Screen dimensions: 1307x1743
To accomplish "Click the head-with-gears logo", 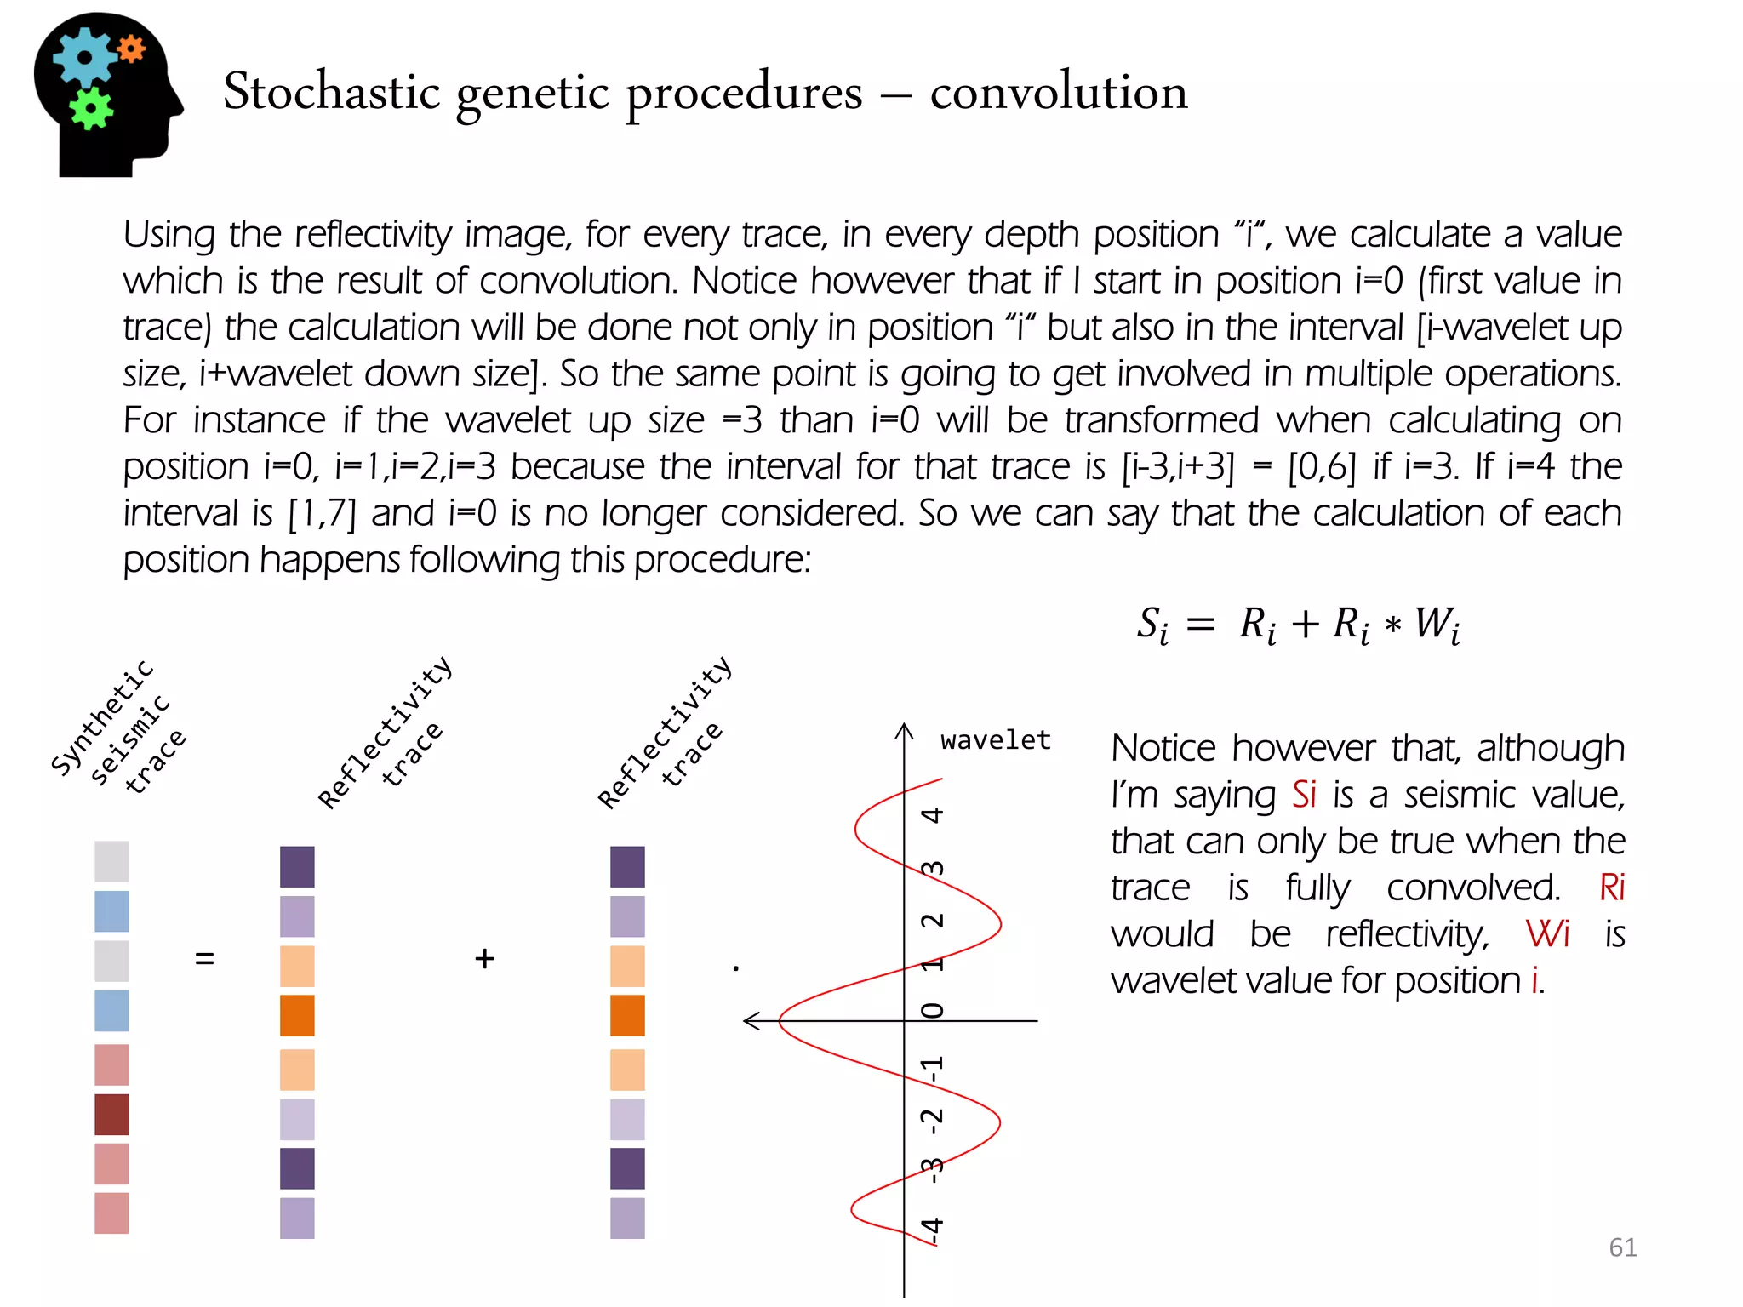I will [x=106, y=94].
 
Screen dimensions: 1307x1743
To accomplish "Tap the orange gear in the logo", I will [x=131, y=49].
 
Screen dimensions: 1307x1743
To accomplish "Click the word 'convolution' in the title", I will [x=1058, y=91].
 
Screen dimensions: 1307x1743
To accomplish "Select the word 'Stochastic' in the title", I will [x=332, y=91].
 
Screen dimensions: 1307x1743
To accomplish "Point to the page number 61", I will [x=1622, y=1247].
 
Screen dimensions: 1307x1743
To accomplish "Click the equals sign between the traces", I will [x=204, y=958].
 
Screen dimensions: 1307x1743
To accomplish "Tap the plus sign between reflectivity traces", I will [x=484, y=958].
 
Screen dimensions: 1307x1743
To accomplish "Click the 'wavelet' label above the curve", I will [x=995, y=739].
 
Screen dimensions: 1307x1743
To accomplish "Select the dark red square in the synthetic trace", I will [x=111, y=1115].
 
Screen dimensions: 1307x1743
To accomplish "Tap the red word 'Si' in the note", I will [x=1304, y=794].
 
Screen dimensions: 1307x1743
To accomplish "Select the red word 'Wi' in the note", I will [x=1547, y=933].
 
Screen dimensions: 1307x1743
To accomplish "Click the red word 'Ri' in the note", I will [x=1612, y=887].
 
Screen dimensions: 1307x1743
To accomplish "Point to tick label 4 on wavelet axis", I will [x=933, y=815].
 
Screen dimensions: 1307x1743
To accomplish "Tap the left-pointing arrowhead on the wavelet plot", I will [x=751, y=1020].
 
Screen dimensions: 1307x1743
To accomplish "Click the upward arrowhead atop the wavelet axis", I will [x=904, y=731].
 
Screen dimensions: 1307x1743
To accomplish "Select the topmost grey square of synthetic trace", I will [x=111, y=861].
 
